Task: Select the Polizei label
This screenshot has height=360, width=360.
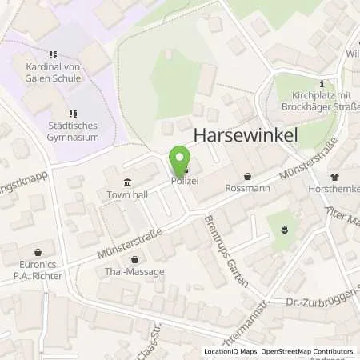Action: coord(184,182)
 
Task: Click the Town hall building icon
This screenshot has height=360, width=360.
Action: coord(128,182)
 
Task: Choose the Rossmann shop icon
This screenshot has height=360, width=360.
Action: coord(247,176)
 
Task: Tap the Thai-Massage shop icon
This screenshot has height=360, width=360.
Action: coord(134,258)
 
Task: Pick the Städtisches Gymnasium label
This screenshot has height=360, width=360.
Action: coord(73,131)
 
